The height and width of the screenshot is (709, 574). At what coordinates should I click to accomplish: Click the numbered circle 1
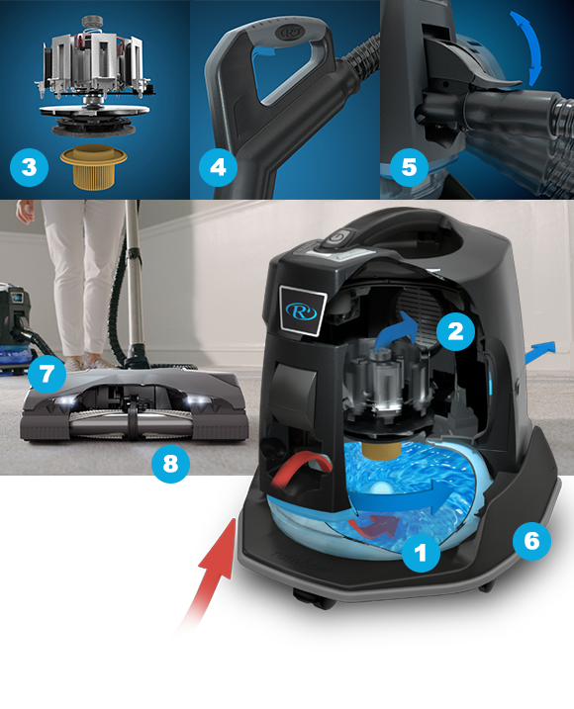(x=421, y=552)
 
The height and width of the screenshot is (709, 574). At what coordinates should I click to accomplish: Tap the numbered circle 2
(x=455, y=331)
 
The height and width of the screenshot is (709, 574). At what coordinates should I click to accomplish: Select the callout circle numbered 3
(x=29, y=167)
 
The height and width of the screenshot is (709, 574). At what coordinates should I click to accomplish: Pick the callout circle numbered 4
(x=218, y=167)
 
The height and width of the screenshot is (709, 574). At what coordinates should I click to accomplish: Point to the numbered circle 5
(x=409, y=167)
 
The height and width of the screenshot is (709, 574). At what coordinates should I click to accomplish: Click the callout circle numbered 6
(x=531, y=541)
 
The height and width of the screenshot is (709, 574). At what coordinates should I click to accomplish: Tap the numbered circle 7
(x=47, y=374)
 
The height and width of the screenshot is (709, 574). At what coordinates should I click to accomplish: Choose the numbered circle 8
(x=170, y=464)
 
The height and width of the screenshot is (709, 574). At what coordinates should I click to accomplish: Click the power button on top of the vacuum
(x=338, y=238)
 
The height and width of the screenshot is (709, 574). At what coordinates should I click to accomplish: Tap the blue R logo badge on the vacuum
(x=302, y=311)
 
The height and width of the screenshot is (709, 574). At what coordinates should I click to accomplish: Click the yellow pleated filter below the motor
(x=94, y=166)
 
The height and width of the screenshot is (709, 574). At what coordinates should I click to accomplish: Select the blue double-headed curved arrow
(x=527, y=47)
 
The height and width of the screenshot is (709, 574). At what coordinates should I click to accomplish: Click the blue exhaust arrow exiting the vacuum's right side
(x=540, y=351)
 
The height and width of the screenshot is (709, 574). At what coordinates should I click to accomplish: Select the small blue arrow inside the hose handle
(x=265, y=50)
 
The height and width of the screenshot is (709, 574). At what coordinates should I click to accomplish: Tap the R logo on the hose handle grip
(x=289, y=33)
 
